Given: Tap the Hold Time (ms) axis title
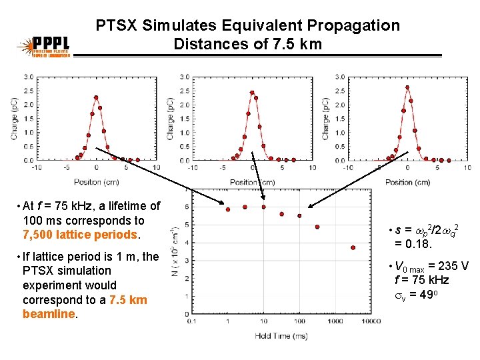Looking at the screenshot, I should coord(281,336).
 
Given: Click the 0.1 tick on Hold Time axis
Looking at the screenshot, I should coord(192,321).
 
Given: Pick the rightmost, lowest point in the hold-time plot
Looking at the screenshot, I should coord(353,247).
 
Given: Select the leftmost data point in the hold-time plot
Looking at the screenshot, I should coord(228,209).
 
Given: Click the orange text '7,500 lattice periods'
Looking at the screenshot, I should coord(79,235).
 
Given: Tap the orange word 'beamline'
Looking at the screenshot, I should coord(48,314).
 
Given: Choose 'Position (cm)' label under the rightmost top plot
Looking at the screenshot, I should coord(407,182).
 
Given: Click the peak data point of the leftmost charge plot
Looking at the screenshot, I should coord(96,97).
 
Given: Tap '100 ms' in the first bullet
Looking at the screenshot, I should coord(43,220).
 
